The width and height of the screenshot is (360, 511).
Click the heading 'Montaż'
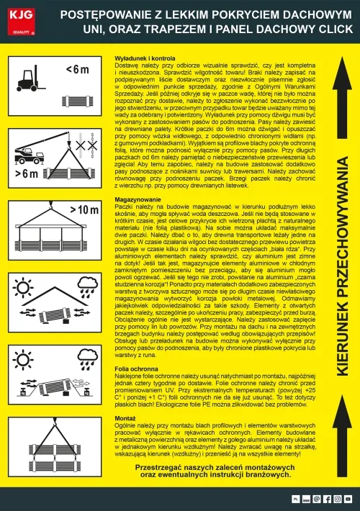pos(126,417)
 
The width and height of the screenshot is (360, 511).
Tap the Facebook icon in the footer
pos(328,498)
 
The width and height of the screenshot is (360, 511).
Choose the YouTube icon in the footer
pos(348,498)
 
